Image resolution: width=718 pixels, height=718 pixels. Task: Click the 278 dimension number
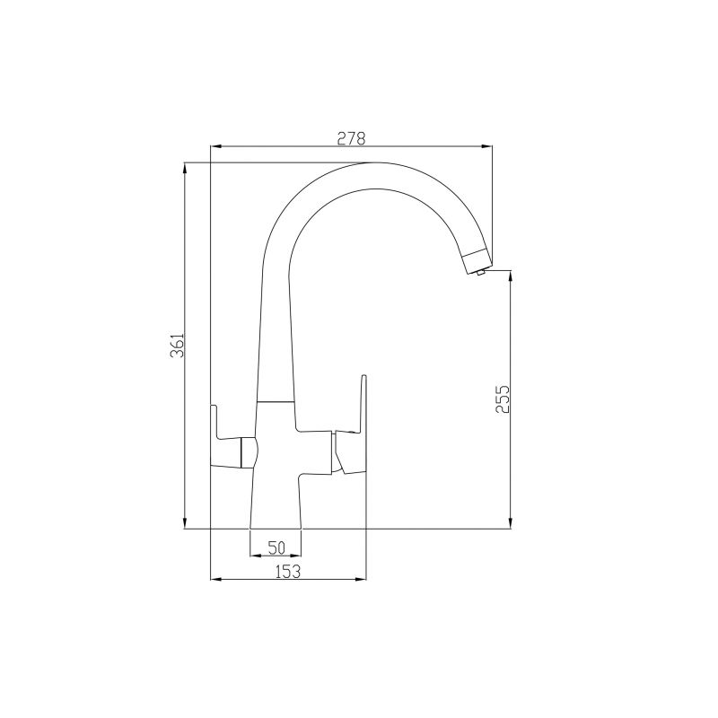351,138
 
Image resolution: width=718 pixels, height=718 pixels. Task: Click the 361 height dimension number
178,346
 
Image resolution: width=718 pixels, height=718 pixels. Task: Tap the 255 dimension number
503,399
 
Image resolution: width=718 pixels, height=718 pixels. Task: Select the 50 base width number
276,547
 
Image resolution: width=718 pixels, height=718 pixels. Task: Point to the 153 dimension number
287,571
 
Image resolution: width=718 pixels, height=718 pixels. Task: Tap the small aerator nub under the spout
481,273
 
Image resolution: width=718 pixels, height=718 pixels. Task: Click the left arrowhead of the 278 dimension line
214,146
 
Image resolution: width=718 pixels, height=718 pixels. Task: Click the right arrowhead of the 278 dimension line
488,146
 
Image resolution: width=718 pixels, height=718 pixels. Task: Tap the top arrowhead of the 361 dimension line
185,167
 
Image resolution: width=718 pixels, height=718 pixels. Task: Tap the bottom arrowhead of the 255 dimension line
511,525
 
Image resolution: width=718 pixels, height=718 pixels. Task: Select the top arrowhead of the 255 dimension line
511,275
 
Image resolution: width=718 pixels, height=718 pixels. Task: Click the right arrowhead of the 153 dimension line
363,579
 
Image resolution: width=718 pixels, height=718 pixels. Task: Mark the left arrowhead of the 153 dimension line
214,579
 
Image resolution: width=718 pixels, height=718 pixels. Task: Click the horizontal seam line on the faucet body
276,400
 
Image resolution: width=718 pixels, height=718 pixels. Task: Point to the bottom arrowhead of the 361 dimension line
185,525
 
